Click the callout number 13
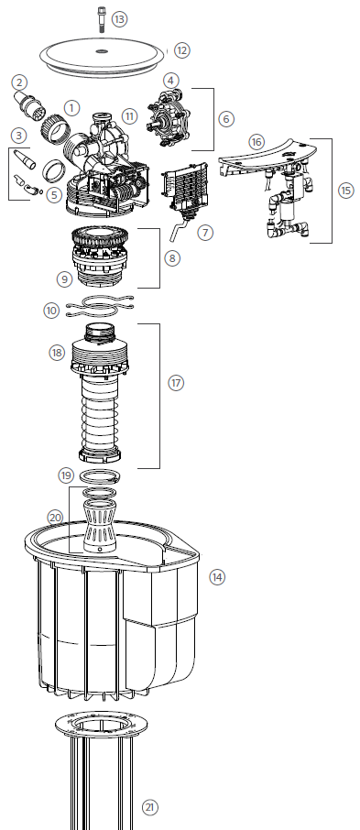point(120,19)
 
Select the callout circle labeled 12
point(181,50)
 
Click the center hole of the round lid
point(103,51)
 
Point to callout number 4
point(170,81)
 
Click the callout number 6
point(225,119)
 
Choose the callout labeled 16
point(256,142)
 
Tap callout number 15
point(346,191)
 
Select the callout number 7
point(205,233)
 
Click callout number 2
point(19,82)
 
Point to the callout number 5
point(54,195)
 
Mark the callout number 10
point(51,311)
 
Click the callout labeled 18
point(57,353)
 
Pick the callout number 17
point(176,383)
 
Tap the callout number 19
point(66,475)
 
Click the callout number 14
point(216,577)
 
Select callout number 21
point(150,807)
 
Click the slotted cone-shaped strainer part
point(100,527)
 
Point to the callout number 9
point(65,279)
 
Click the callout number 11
point(128,115)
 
